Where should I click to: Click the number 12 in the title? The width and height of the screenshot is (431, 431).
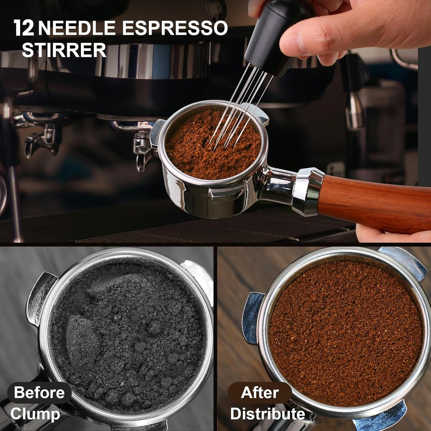[x=24, y=28]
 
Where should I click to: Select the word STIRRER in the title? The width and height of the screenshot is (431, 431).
[x=64, y=50]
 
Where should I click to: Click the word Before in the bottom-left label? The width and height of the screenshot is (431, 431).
[x=39, y=392]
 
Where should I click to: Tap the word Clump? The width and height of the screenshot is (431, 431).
[x=35, y=414]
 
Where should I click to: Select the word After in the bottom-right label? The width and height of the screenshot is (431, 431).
[x=259, y=392]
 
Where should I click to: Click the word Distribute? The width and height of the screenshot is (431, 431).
[x=268, y=414]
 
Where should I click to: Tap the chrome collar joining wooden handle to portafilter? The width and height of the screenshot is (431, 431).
[x=307, y=191]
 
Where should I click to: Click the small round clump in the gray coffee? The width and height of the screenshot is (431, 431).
[x=154, y=328]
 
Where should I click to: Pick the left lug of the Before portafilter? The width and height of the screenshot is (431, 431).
[x=39, y=298]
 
